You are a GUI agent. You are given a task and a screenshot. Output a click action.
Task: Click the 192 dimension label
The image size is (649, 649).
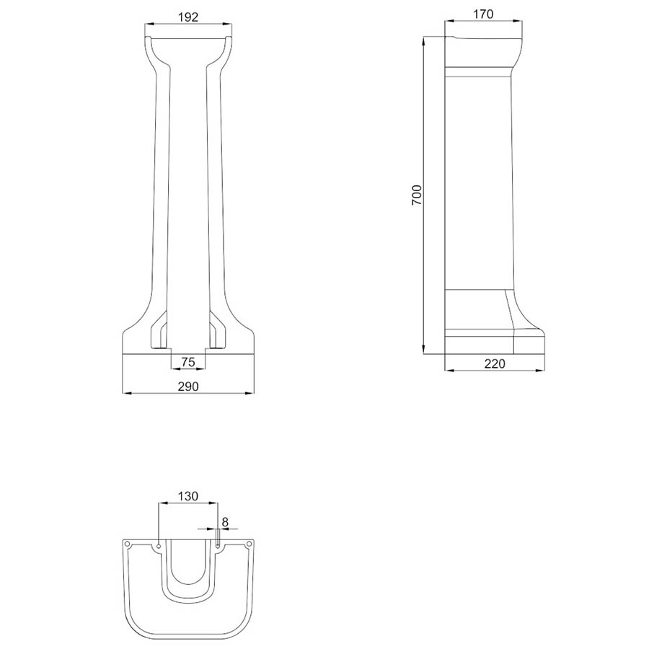[188, 17]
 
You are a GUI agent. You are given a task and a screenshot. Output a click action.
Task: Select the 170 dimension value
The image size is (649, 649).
[483, 14]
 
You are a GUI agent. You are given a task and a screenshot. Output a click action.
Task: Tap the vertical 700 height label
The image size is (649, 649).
[417, 195]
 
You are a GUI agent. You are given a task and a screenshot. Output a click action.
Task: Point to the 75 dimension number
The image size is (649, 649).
[188, 362]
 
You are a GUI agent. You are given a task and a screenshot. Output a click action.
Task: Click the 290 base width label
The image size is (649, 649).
[188, 387]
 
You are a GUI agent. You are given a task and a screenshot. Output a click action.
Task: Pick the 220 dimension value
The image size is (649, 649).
[495, 363]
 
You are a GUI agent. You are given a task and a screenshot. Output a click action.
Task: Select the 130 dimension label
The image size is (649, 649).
[188, 496]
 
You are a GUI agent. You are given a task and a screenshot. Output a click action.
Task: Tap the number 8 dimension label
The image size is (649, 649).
[225, 522]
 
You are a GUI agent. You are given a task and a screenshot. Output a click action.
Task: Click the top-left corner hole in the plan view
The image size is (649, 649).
[128, 544]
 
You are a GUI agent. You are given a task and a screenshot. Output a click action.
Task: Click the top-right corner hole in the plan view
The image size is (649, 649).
[250, 544]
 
